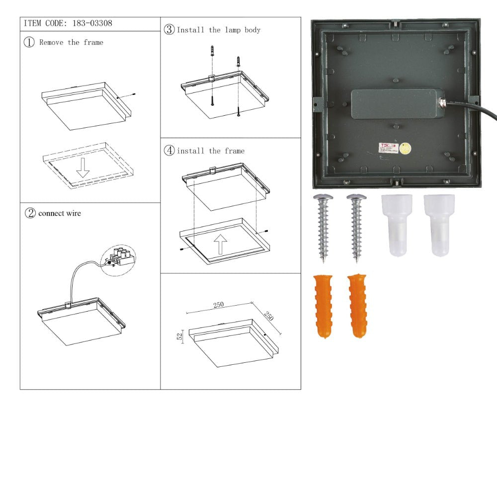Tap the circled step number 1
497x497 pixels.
pos(29,42)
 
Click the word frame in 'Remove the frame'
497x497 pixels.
pos(93,42)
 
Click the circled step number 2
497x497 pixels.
pos(30,213)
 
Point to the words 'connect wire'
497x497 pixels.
pos(60,213)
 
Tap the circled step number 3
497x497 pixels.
pos(169,30)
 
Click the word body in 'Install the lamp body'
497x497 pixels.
pos(252,30)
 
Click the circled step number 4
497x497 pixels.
pos(169,151)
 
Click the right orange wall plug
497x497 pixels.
pos(357,306)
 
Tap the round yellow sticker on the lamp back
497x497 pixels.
pos(406,148)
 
